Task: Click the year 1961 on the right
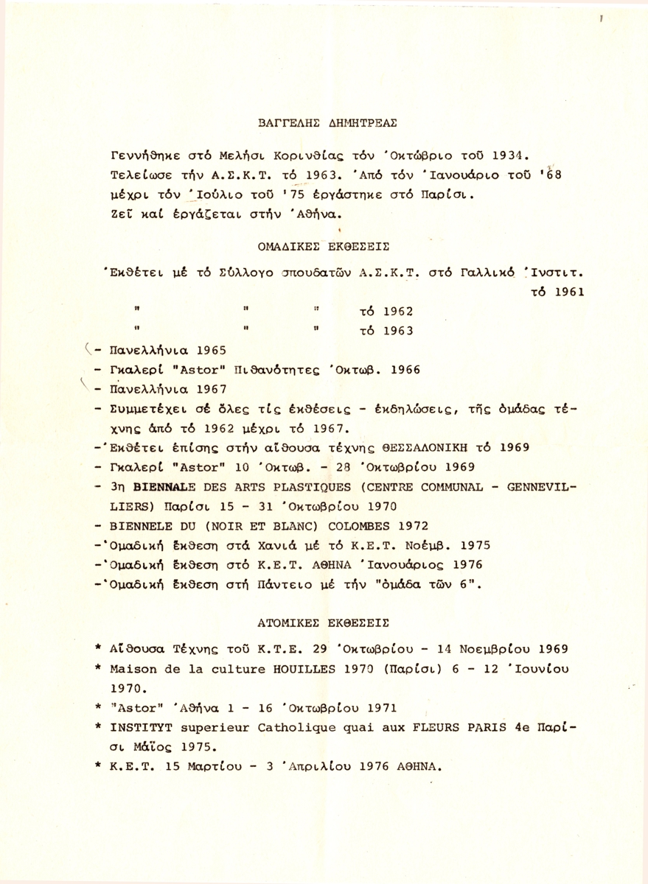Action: pyautogui.click(x=568, y=290)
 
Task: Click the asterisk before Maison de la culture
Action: pyautogui.click(x=98, y=668)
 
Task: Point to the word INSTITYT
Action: pyautogui.click(x=137, y=727)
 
